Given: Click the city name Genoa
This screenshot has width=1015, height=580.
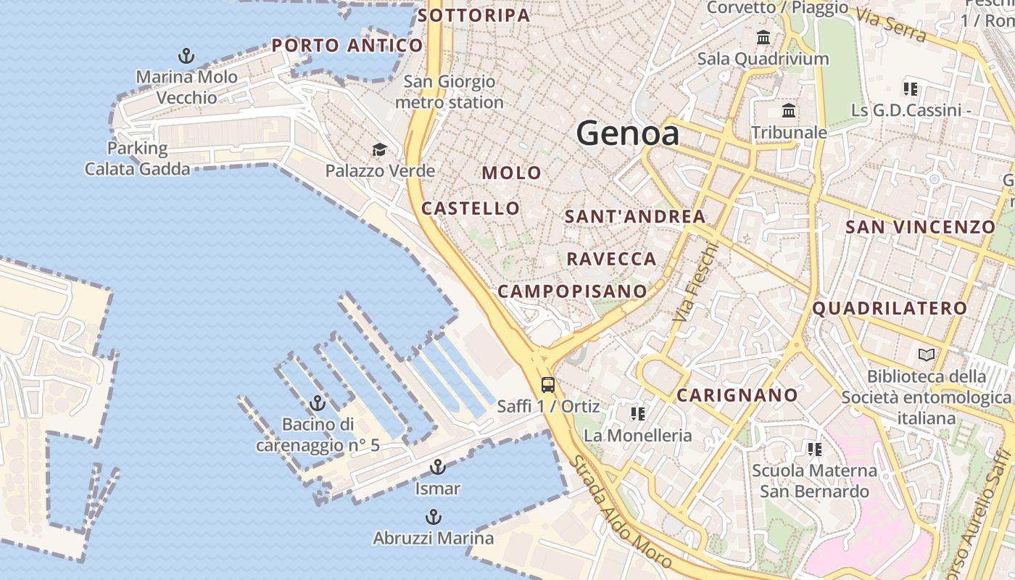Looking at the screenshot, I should tap(628, 134).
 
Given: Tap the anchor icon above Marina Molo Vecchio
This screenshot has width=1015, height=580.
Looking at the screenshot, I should tap(186, 56).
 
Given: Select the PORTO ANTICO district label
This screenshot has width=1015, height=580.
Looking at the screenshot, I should tap(347, 46).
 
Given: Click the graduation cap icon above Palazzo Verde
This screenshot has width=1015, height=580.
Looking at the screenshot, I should tap(379, 150).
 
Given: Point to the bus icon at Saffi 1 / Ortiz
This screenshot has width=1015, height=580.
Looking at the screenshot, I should tap(548, 385).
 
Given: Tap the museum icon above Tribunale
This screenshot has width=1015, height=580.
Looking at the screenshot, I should tap(789, 111).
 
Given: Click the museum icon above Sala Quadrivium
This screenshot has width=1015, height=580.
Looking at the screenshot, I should tap(763, 37).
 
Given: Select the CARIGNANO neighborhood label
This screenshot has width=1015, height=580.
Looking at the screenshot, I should tap(737, 395).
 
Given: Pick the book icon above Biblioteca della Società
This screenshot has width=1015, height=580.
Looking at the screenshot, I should tap(927, 355).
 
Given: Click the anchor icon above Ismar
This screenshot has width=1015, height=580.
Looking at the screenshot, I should tap(437, 467).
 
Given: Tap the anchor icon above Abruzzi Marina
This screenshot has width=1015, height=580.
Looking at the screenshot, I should tap(433, 517).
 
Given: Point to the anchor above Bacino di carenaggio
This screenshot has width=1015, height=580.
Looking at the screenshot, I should tap(318, 403).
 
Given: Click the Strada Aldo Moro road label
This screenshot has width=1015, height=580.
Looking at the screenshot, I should tap(621, 512).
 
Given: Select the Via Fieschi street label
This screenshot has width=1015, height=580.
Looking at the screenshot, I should tap(695, 282).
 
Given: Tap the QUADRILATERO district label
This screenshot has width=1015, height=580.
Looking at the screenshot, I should tap(890, 308).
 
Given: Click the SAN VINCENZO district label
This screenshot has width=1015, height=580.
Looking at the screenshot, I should tap(921, 227).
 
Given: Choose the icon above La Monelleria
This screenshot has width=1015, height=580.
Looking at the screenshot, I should tap(638, 414).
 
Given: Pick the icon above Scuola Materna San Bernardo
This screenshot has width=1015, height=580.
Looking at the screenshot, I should tap(815, 449).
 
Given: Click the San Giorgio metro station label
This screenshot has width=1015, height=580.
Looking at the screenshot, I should tap(449, 92).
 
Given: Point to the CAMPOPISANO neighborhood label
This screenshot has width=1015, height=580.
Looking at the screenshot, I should tap(572, 291).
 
